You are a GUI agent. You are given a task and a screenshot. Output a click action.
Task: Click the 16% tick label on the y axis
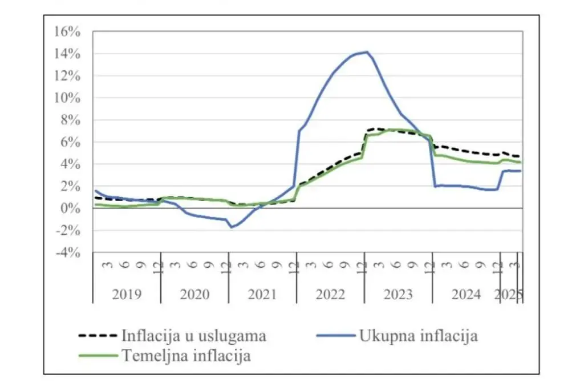(67, 32)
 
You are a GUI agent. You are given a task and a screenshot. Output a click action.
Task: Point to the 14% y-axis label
(67, 54)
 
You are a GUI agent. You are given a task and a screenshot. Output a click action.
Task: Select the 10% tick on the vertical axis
(67, 98)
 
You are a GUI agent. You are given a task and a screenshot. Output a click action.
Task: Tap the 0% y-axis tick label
(71, 209)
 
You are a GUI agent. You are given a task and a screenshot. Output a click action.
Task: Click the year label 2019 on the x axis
(127, 295)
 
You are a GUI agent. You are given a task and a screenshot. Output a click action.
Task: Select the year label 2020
(194, 295)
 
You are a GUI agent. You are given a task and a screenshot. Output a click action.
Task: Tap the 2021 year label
(262, 295)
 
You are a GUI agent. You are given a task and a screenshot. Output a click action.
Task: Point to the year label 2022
(330, 295)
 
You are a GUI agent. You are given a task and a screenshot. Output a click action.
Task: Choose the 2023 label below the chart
(398, 295)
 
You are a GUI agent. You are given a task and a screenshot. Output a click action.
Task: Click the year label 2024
(466, 295)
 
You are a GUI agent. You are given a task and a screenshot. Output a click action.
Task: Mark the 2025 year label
(509, 295)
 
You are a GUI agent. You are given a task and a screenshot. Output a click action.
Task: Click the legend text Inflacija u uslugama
(194, 336)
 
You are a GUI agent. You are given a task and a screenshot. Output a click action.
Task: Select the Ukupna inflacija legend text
(418, 336)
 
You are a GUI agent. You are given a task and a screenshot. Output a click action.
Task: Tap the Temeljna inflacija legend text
(186, 356)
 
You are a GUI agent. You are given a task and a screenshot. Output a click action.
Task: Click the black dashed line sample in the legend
(97, 336)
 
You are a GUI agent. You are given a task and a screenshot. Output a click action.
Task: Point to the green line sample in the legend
(97, 356)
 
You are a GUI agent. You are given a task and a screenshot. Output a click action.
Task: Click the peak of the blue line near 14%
(367, 52)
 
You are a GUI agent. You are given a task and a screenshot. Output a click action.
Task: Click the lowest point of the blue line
(232, 227)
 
